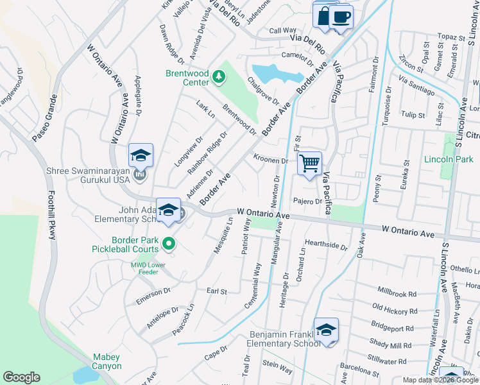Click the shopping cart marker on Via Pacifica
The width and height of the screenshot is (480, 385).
(310, 164)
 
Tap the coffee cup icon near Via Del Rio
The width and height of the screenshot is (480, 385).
(341, 16)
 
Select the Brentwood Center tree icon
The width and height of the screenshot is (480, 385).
(219, 77)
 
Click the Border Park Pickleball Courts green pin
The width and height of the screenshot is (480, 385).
(169, 243)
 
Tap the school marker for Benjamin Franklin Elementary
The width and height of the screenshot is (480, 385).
(326, 330)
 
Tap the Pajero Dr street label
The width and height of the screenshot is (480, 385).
(307, 201)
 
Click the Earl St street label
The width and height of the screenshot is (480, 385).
(217, 291)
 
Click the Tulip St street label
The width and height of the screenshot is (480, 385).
(413, 115)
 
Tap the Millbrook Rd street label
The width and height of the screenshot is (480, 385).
(397, 293)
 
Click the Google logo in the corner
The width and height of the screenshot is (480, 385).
(21, 378)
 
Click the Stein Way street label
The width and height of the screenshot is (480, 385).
(277, 364)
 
